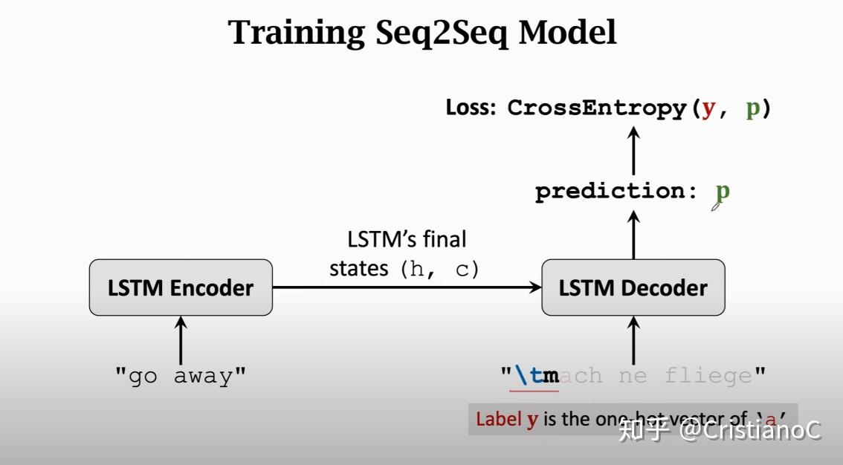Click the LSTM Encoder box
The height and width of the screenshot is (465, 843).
tap(181, 287)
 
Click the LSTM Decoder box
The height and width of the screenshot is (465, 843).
tap(633, 287)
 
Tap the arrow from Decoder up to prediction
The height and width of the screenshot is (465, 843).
tap(633, 234)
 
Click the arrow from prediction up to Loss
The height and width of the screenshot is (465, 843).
tap(633, 150)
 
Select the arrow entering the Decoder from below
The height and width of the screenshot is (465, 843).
tap(633, 339)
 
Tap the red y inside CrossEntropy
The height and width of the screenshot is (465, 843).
tap(708, 108)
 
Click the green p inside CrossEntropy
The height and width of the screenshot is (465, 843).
tap(752, 108)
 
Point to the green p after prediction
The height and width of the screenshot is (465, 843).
tap(722, 191)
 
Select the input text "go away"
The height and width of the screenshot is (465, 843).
tap(180, 376)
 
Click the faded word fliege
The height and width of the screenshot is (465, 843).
tap(708, 376)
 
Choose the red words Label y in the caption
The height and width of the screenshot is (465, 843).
tap(507, 419)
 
